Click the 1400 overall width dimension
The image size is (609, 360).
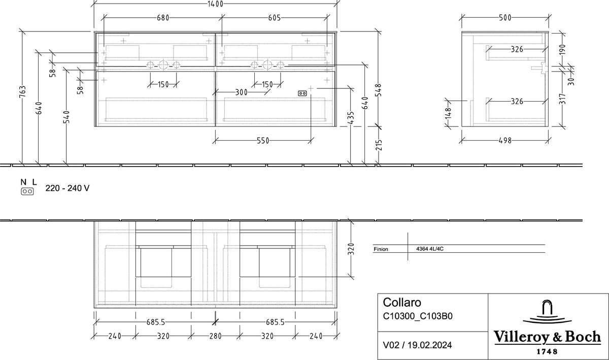[215, 4]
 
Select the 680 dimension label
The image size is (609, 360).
[163, 18]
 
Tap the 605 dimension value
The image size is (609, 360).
[275, 18]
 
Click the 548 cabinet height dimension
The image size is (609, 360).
[379, 90]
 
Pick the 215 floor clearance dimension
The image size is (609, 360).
[379, 145]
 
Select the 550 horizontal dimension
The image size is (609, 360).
[263, 141]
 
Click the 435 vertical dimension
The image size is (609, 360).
[351, 118]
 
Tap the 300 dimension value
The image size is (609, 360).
[242, 92]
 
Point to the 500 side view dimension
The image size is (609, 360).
[505, 18]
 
